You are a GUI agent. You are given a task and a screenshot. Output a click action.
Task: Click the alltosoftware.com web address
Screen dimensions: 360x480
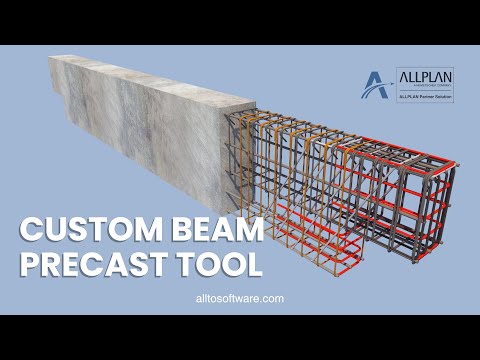pos(239,298)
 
